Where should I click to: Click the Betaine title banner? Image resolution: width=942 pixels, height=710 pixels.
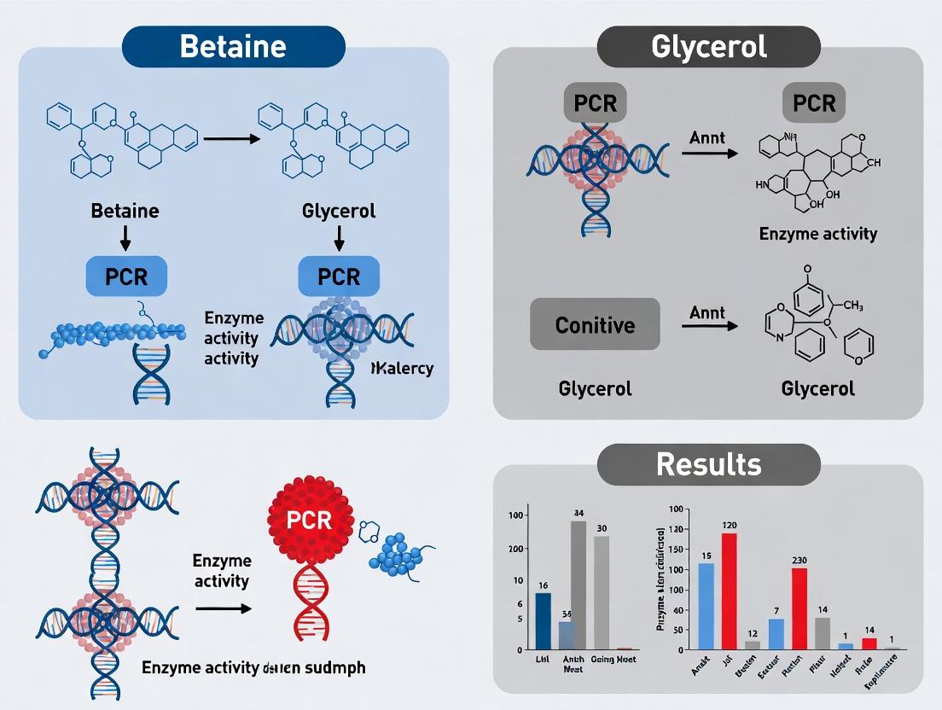click(x=233, y=46)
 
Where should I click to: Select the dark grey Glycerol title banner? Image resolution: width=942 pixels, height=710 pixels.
click(x=708, y=46)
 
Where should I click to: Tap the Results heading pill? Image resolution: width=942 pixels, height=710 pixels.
click(x=708, y=464)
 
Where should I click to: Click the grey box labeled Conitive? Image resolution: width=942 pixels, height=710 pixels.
click(x=595, y=324)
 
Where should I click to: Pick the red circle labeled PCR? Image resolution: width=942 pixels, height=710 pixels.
click(x=310, y=520)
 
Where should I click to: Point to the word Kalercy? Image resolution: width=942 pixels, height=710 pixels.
click(x=403, y=369)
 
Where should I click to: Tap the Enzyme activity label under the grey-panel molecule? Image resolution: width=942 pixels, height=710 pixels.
click(x=817, y=233)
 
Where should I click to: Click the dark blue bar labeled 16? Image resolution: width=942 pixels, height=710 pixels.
click(x=543, y=620)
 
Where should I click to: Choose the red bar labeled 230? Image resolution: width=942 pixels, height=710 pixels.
click(x=799, y=608)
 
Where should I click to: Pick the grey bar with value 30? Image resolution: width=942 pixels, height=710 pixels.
click(x=602, y=592)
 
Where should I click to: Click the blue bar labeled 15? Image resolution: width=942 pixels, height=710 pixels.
click(x=706, y=606)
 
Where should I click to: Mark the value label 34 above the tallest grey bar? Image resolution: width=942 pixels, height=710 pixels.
click(x=579, y=513)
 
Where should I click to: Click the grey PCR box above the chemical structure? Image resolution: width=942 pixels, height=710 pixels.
click(x=813, y=103)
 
